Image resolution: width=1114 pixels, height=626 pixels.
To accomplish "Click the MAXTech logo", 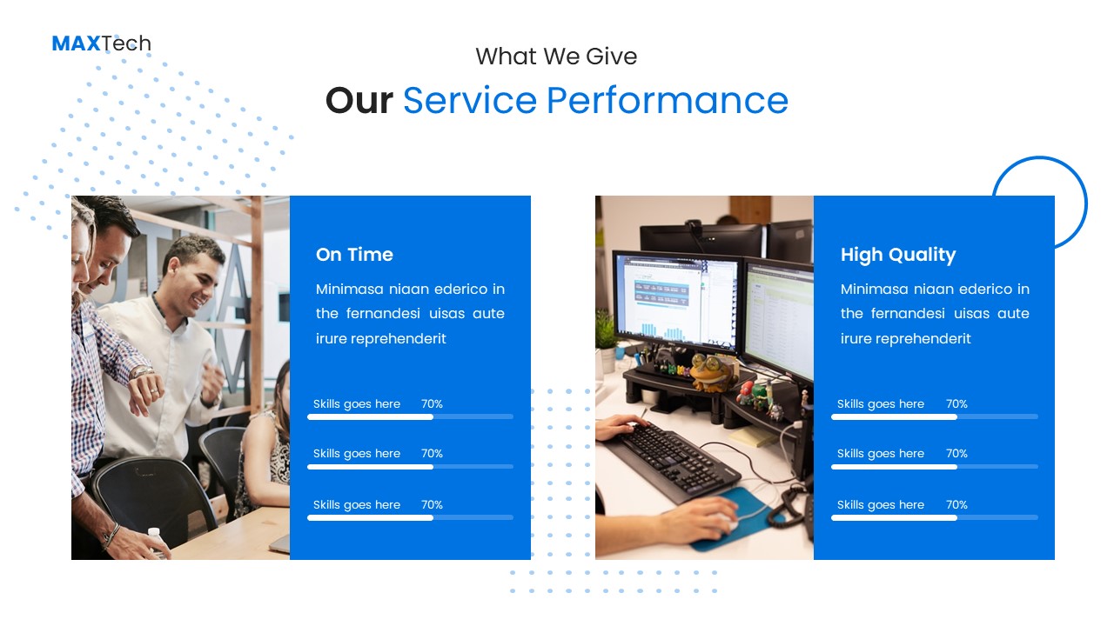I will pyautogui.click(x=101, y=43).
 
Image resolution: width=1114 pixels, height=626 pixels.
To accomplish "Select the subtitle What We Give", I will pyautogui.click(x=556, y=57).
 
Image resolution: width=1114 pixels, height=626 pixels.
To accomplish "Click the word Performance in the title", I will pyautogui.click(x=667, y=101).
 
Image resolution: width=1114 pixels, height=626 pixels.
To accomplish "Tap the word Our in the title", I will pyautogui.click(x=359, y=101).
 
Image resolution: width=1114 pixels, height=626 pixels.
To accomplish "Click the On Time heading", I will pyautogui.click(x=354, y=255).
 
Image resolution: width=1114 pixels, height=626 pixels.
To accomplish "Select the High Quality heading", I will pyautogui.click(x=898, y=255).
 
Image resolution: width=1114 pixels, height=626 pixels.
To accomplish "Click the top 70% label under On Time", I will pyautogui.click(x=432, y=404).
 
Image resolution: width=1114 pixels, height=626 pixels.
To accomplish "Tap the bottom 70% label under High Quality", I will pyautogui.click(x=956, y=505).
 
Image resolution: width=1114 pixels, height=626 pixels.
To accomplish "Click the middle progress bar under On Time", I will pyautogui.click(x=410, y=467).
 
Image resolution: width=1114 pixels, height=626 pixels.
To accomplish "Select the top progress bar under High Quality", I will pyautogui.click(x=934, y=417).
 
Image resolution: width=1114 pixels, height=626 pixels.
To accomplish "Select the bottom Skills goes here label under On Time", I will pyautogui.click(x=357, y=505).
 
